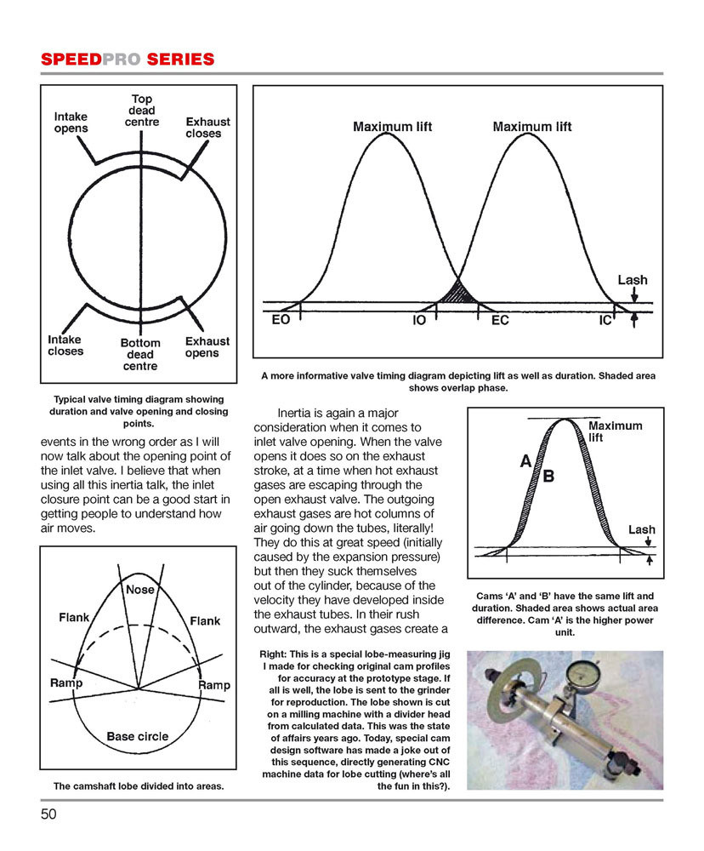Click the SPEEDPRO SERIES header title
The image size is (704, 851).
click(127, 59)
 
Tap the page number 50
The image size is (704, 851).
click(49, 814)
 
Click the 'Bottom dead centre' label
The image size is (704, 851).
click(139, 354)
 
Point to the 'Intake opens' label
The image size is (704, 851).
click(71, 122)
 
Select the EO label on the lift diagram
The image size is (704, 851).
click(281, 323)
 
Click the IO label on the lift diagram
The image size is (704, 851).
click(419, 323)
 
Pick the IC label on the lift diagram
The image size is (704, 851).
click(606, 323)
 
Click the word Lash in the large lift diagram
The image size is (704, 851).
click(632, 279)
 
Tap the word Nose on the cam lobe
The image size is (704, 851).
click(140, 589)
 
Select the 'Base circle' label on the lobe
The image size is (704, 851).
click(137, 736)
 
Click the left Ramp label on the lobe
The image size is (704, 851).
click(66, 683)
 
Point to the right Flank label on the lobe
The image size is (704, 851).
click(205, 620)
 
